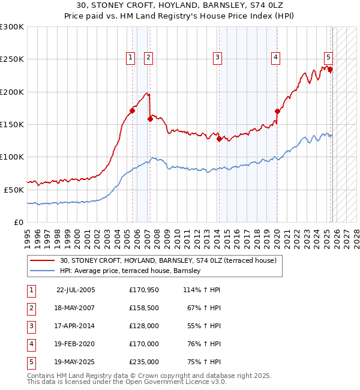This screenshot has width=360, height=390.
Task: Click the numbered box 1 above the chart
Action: [x=130, y=58]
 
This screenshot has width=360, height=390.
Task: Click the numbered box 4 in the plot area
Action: [x=275, y=58]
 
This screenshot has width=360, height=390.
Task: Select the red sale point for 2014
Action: [x=219, y=139]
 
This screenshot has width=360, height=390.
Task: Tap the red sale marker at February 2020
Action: [x=277, y=111]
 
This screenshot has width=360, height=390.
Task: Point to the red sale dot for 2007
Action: [x=150, y=119]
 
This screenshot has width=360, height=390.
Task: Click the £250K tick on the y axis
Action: [x=12, y=59]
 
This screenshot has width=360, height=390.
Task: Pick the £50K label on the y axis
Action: [x=14, y=190]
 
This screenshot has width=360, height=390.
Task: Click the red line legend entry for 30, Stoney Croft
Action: [x=168, y=261]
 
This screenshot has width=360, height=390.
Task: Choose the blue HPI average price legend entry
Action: [x=133, y=271]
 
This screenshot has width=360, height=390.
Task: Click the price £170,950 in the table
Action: [x=144, y=290]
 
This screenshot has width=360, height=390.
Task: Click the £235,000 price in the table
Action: [x=144, y=362]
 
